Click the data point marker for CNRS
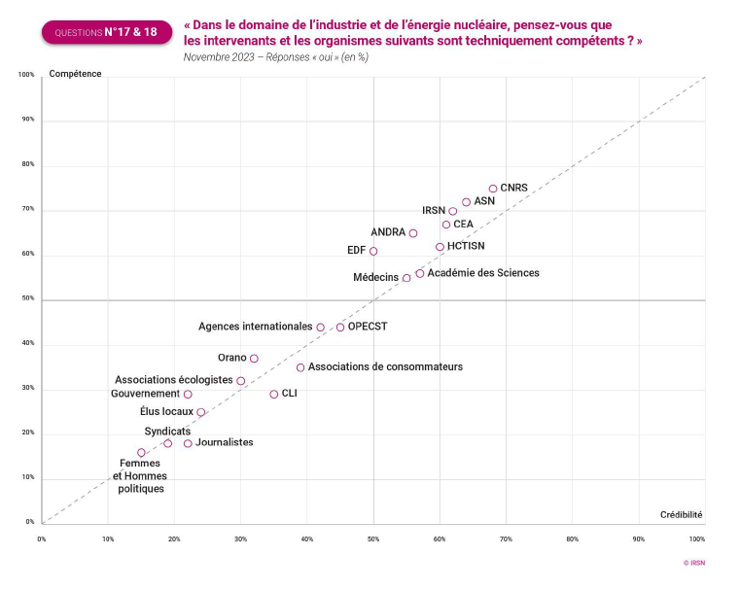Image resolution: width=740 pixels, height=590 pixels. [x=493, y=189]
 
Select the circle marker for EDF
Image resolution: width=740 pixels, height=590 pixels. [x=373, y=251]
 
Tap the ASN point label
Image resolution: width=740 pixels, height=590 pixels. [x=484, y=200]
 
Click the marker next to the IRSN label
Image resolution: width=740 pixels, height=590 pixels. [x=453, y=211]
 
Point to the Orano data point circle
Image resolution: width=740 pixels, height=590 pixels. [x=254, y=359]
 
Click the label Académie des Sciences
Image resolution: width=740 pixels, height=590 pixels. [x=483, y=273]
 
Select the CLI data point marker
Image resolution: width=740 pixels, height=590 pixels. [x=274, y=394]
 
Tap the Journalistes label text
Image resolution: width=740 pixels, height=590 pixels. [x=224, y=442]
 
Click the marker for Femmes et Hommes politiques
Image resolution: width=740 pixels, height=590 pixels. [x=141, y=452]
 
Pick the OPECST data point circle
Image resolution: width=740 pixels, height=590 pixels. [x=340, y=327]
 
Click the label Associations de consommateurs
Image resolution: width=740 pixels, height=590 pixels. [x=386, y=366]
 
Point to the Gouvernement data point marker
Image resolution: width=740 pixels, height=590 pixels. [x=188, y=394]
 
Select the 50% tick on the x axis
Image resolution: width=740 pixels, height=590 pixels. [x=373, y=538]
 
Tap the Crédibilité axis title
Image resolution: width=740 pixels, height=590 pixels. [x=681, y=514]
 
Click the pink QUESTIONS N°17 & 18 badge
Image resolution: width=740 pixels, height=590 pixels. [x=107, y=32]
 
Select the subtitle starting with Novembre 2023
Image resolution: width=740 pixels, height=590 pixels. [x=275, y=57]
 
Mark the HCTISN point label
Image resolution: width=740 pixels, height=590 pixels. [x=473, y=246]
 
